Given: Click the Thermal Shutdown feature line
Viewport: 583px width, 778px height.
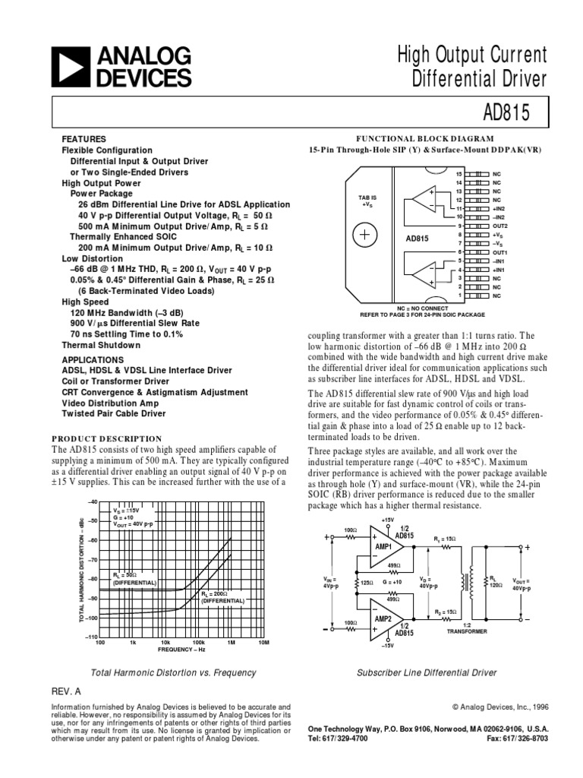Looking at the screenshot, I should [x=101, y=344].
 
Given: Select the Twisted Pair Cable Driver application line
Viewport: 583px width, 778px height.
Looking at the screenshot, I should [x=113, y=413].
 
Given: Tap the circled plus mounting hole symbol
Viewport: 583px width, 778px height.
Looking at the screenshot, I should [x=364, y=235].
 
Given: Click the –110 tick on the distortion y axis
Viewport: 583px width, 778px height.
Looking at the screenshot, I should [x=91, y=637].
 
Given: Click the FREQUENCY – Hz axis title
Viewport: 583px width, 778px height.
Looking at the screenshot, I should [x=181, y=650].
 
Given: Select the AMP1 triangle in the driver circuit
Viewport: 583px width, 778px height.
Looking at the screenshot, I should [x=384, y=547].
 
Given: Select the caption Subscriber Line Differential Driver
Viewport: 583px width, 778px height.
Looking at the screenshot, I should [x=427, y=672].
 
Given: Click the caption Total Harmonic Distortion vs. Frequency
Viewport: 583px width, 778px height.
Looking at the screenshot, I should [x=173, y=672].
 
